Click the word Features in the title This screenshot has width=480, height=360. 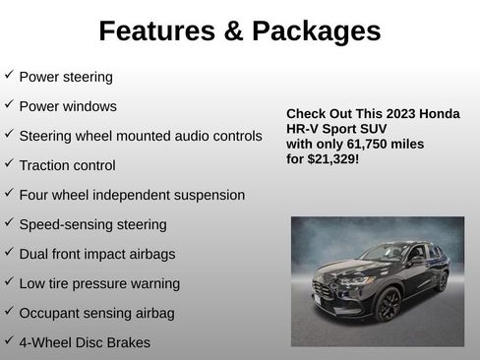162,31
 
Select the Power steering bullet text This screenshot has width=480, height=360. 66,77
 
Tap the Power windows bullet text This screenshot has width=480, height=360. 68,106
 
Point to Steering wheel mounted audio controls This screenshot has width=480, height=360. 141,136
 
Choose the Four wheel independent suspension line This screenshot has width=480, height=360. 132,195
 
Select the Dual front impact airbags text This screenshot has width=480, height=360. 97,254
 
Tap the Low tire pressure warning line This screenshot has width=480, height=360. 99,283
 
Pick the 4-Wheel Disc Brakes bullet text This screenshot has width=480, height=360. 85,343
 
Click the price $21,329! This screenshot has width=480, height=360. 333,157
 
